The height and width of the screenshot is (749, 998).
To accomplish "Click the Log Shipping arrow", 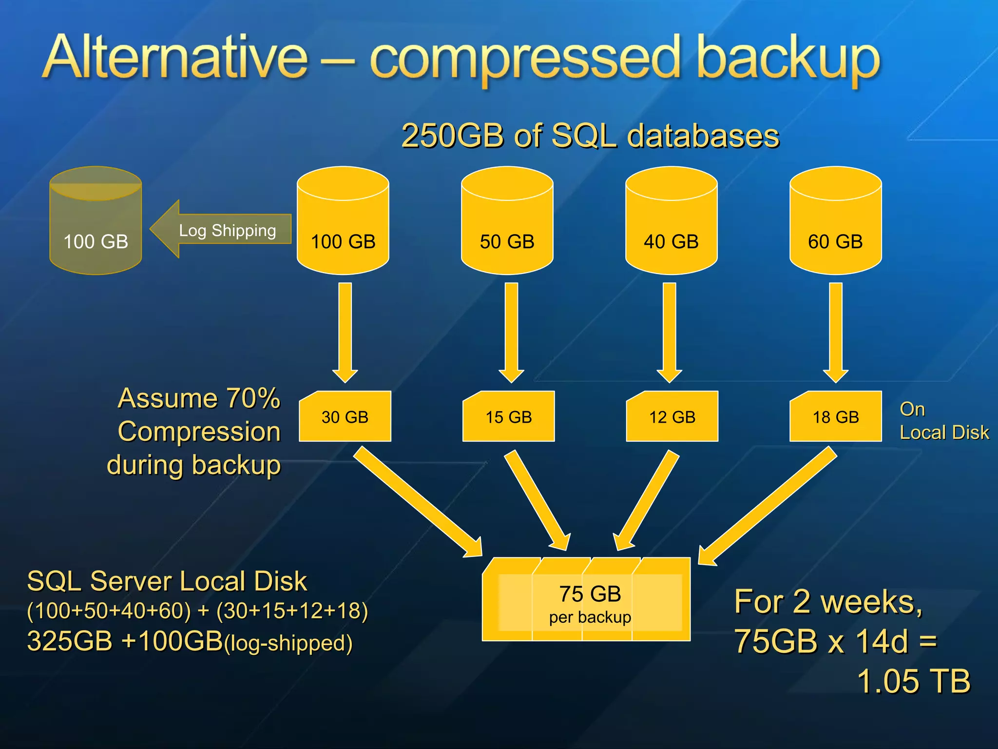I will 222,229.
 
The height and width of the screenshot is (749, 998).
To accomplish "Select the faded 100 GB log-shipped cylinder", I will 96,222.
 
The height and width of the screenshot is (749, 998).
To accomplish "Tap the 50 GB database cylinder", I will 507,222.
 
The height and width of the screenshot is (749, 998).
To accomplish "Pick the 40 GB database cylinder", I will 671,222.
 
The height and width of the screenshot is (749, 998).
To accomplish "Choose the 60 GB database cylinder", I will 835,222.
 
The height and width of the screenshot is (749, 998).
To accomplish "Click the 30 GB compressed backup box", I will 345,416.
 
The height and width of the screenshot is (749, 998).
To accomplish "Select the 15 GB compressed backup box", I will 508,416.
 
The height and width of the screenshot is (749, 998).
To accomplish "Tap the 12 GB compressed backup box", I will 672,416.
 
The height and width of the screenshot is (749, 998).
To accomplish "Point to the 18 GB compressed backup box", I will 835,416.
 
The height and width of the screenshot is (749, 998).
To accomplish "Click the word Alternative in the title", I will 175,58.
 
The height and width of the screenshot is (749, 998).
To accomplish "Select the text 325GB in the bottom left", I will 70,641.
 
